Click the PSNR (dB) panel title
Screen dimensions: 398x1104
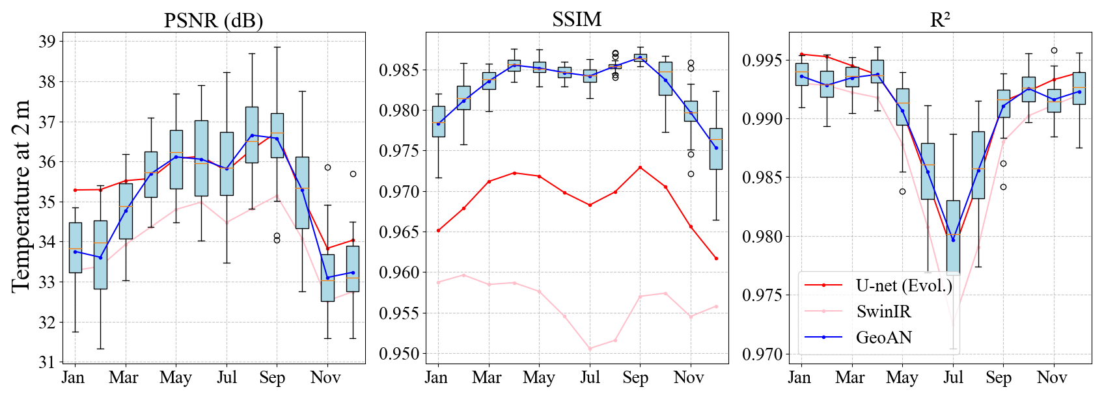coord(214,20)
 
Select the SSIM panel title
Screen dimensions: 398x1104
coord(577,20)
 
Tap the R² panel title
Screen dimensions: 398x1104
coord(940,20)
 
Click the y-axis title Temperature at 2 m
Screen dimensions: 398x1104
coord(21,196)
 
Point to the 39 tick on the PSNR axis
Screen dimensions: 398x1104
coord(47,42)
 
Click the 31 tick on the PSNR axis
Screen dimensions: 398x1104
coord(47,362)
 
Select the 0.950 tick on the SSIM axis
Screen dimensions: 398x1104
coord(399,354)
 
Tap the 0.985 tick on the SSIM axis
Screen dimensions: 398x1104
coord(399,70)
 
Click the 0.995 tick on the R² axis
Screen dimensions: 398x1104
coord(762,60)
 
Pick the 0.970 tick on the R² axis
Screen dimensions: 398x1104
coord(762,354)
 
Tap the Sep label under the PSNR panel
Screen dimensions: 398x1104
coord(272,378)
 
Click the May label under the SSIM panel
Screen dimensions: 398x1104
coord(539,378)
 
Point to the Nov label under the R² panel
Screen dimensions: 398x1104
coord(1052,378)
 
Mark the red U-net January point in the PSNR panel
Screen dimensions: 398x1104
coord(75,190)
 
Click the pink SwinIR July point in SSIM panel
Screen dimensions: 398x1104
coord(590,349)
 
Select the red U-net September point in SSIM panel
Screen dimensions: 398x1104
coord(640,168)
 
